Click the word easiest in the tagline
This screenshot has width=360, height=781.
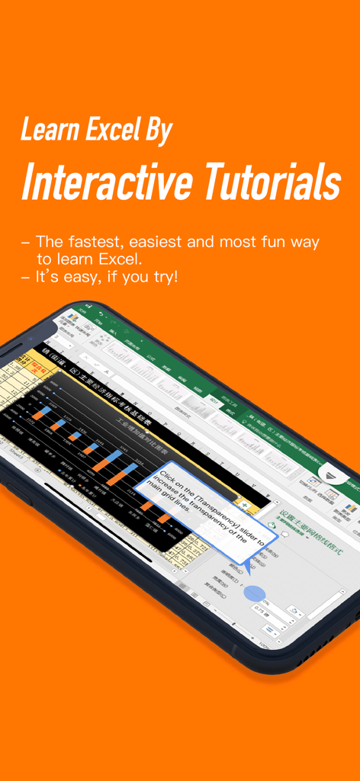click(159, 242)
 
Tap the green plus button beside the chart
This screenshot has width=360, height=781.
click(243, 504)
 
